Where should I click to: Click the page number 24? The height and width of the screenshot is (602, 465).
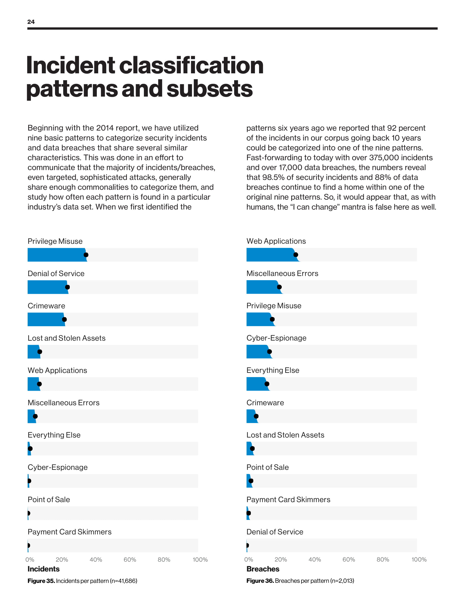[31, 22]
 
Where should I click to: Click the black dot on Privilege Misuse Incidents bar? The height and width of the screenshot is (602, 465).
[86, 255]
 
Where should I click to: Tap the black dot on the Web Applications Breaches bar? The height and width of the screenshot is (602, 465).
[296, 255]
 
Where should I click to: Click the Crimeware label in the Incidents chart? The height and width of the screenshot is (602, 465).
[46, 306]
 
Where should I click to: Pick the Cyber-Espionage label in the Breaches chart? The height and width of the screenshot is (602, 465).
[276, 338]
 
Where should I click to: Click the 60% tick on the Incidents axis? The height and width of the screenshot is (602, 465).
[130, 560]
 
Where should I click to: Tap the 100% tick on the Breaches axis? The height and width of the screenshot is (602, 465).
[419, 560]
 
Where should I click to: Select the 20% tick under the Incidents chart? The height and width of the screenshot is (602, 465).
[62, 560]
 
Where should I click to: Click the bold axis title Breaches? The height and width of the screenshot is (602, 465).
[263, 569]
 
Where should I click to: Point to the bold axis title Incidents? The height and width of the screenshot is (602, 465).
[43, 569]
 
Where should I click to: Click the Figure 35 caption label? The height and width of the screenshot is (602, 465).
[41, 581]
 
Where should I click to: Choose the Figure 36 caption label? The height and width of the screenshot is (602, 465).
[260, 581]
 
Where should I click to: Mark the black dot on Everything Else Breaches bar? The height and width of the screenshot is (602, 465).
[267, 384]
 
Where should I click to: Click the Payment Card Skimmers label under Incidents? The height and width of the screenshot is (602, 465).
[69, 532]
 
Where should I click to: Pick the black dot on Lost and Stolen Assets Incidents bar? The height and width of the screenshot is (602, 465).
[40, 352]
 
